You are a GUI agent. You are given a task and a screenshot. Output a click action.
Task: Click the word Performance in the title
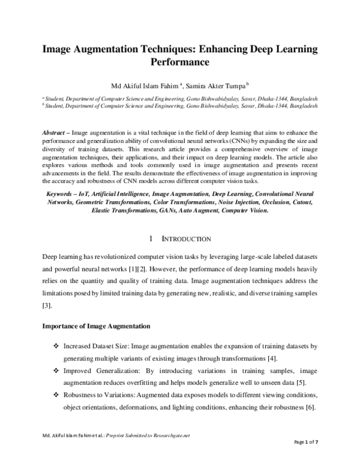179,61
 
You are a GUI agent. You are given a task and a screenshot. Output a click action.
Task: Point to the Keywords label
64,195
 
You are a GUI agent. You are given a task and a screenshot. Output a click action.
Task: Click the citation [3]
46,306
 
